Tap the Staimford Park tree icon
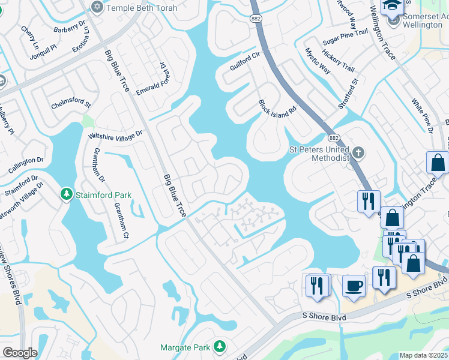(x=67, y=194)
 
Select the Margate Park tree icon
(x=220, y=347)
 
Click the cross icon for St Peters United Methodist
(x=358, y=152)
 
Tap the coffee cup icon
(x=354, y=285)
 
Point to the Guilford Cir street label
(x=244, y=61)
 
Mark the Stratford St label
(x=348, y=94)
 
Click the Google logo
(x=20, y=352)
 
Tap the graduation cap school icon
(x=393, y=6)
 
